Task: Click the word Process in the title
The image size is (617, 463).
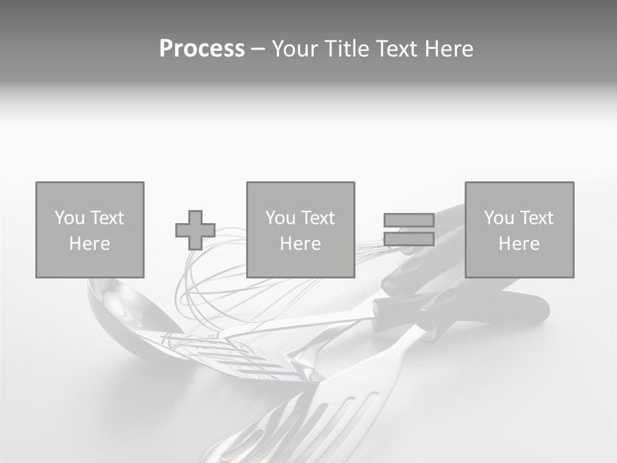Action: [x=202, y=49]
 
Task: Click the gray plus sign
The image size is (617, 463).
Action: [x=195, y=230]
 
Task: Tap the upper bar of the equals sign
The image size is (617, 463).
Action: [x=409, y=220]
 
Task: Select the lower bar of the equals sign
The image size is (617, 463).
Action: [x=409, y=239]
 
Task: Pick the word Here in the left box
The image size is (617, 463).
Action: [x=89, y=244]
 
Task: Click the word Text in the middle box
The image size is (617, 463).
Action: [x=318, y=218]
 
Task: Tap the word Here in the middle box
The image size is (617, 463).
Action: [x=300, y=244]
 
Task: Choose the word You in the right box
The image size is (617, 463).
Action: [x=499, y=218]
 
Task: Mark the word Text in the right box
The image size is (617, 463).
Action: [x=537, y=218]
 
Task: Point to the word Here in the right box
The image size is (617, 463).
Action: [x=519, y=244]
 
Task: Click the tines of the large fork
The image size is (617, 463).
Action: [x=334, y=418]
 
